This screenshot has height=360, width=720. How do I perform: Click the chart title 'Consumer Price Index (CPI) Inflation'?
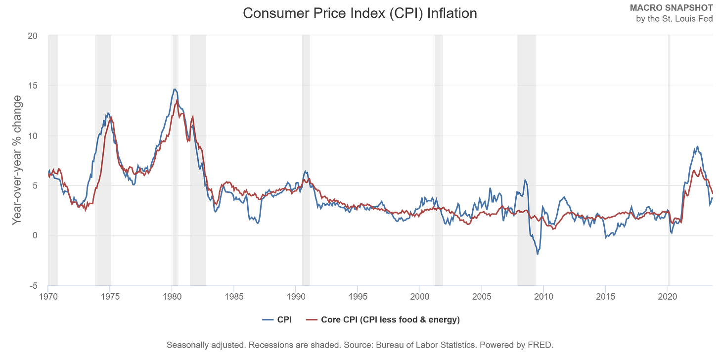(x=360, y=13)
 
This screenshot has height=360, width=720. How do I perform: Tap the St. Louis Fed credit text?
(x=674, y=14)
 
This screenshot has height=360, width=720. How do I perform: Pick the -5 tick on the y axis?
(x=33, y=285)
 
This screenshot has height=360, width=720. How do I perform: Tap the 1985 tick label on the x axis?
(x=234, y=297)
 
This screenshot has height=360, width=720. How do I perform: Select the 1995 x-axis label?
(x=358, y=297)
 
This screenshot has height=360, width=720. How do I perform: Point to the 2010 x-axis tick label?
(x=543, y=297)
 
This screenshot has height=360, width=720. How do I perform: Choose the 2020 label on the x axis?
(x=667, y=297)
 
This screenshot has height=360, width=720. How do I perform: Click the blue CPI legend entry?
(x=277, y=320)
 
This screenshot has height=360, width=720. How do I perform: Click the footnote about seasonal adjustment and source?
(x=360, y=344)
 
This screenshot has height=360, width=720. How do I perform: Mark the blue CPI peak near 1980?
(x=175, y=90)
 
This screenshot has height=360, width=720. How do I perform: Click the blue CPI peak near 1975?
(x=108, y=114)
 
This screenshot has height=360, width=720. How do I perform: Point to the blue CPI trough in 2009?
(x=538, y=255)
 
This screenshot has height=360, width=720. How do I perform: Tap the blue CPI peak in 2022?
(x=697, y=145)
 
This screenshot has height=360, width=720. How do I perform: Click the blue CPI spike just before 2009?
(x=525, y=180)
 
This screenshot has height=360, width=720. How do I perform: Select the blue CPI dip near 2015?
(x=606, y=239)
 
